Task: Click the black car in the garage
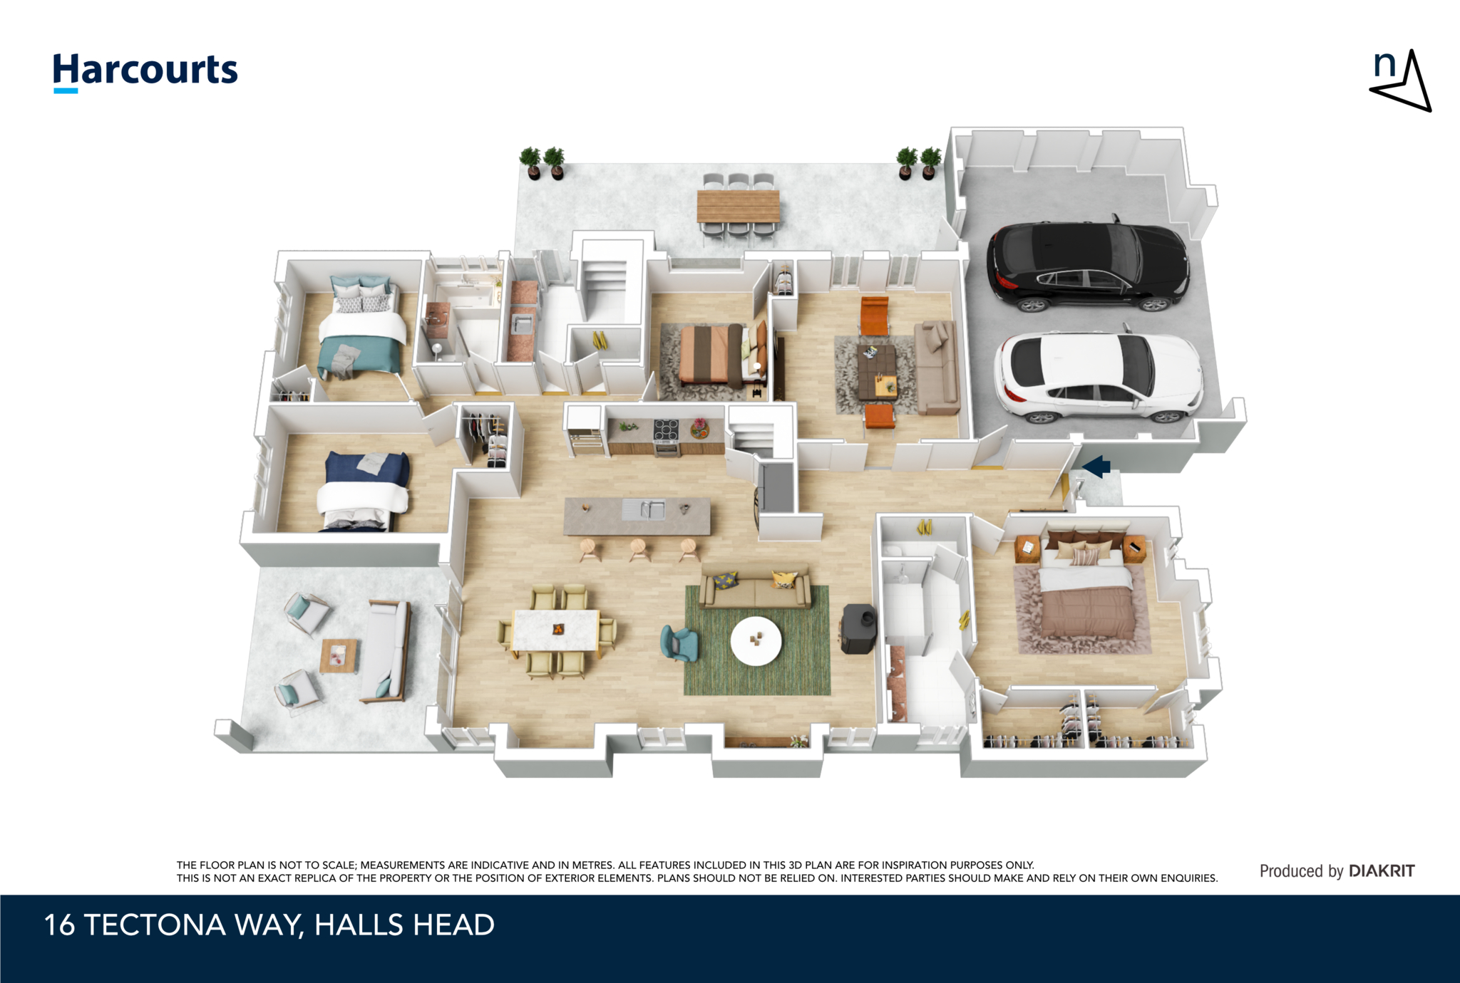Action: point(1088,265)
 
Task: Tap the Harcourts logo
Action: point(145,72)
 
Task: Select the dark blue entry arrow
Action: point(1096,467)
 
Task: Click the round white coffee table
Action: point(756,641)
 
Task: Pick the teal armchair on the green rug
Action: point(679,643)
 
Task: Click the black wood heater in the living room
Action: point(860,628)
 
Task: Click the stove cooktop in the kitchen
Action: point(667,430)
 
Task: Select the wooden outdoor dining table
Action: point(738,207)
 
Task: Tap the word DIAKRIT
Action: point(1382,870)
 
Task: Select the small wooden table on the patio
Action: point(339,655)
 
